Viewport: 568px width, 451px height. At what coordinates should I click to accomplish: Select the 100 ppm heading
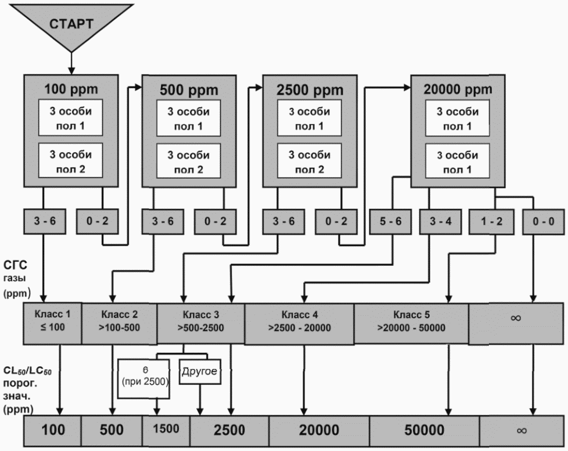point(71,89)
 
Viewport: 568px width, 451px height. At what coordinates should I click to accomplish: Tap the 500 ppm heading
point(189,90)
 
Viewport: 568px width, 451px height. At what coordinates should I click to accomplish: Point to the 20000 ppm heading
point(458,89)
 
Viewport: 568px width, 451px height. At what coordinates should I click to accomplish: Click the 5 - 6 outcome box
point(390,221)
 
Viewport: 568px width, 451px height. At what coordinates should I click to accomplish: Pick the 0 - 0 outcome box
point(544,221)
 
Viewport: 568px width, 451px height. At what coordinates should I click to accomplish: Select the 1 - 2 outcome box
point(491,221)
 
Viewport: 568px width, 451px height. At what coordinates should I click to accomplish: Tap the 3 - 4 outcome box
point(440,221)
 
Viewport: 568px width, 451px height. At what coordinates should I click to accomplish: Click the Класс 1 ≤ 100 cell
point(52,323)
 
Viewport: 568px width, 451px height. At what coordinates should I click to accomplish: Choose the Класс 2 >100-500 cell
point(119,323)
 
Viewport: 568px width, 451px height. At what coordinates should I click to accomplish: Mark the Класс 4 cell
point(299,323)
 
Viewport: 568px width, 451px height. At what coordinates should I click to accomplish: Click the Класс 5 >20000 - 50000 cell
point(411,323)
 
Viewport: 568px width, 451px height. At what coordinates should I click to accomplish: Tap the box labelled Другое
point(200,371)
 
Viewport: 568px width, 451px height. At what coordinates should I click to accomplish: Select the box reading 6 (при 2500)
point(144,379)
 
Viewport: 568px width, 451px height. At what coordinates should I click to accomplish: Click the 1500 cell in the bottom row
point(166,430)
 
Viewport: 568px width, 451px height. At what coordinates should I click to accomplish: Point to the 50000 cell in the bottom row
point(424,430)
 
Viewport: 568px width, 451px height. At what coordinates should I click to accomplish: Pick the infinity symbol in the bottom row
point(522,430)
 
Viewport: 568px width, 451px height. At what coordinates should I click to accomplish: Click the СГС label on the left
point(15,265)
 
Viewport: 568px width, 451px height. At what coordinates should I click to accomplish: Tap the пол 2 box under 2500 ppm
point(310,161)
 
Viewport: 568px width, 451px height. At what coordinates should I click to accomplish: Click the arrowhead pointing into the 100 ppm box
point(71,71)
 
